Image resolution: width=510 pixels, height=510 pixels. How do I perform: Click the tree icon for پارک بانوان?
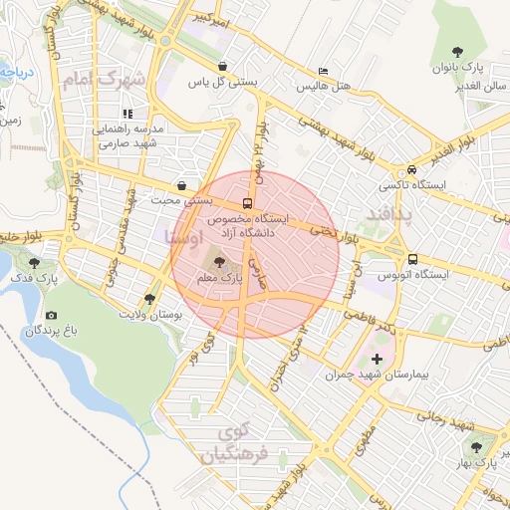pos(457,51)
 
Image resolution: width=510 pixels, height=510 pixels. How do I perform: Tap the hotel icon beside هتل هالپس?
pos(322,72)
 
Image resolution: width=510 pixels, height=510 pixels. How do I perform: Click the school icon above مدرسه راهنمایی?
pos(128,113)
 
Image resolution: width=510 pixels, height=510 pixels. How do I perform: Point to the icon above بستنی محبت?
pos(180,184)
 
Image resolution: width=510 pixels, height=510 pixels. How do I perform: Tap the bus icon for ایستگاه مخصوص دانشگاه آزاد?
pos(247,203)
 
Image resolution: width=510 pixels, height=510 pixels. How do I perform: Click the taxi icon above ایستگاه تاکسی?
pos(410,169)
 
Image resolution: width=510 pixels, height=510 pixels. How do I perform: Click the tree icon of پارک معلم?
pos(219,261)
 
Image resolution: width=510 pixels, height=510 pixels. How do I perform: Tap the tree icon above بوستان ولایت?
pos(150,298)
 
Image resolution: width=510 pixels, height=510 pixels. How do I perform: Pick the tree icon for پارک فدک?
pos(37,264)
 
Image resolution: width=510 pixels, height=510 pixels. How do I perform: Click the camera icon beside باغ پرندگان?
pos(51,315)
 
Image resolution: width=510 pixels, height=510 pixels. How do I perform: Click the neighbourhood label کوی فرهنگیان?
pos(235,445)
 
